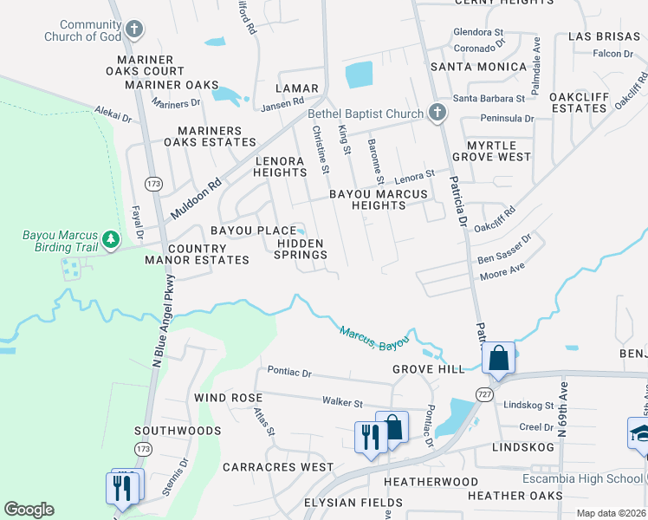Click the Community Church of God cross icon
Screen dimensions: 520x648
tap(133, 29)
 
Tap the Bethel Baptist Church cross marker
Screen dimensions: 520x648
tap(437, 113)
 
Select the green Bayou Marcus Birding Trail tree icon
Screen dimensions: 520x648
tap(110, 237)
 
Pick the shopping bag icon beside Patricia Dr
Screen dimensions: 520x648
tap(499, 357)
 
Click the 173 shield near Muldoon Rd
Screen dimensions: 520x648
tap(153, 184)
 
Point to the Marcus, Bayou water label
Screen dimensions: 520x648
tap(373, 338)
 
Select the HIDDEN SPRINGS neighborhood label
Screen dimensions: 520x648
tap(301, 249)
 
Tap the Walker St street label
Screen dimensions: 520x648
tap(341, 402)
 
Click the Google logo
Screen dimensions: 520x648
tap(29, 510)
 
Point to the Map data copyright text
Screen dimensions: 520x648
tap(612, 513)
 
